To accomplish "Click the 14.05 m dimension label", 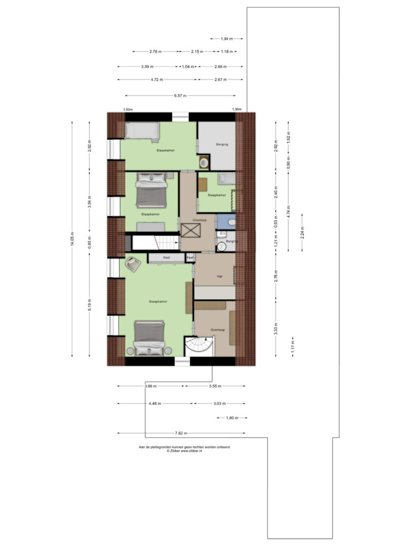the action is coord(72,239).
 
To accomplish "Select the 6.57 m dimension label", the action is coord(180,95).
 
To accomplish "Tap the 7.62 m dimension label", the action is coord(181,433).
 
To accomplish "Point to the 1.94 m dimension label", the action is coord(226,38).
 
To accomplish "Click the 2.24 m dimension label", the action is coord(302,232).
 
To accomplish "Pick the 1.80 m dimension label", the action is coord(232,418).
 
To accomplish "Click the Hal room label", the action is coord(219,277).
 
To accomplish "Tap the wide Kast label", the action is coord(167,258).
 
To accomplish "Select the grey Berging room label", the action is coord(222,144).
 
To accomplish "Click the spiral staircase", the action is coord(199,347).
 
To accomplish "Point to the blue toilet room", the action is coord(226,221).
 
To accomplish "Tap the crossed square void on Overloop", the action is coord(191,230).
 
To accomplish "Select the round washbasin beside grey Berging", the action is coord(204,162).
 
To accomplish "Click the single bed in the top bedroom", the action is coord(142,132).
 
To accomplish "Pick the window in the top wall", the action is coord(180,117).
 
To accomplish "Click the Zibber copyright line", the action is coord(184,451).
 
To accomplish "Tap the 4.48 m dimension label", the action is coord(155,404).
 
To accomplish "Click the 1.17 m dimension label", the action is coord(293,347).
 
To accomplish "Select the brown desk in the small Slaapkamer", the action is coord(202,184).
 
